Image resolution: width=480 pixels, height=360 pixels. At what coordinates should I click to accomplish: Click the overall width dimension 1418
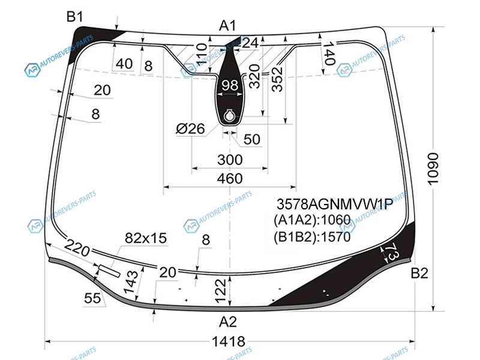coord(229,341)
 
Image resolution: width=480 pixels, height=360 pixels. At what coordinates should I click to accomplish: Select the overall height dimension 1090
coord(433,169)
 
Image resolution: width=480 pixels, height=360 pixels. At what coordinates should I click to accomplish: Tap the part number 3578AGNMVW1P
coord(335,204)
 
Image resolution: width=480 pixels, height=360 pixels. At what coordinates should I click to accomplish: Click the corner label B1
coord(74,17)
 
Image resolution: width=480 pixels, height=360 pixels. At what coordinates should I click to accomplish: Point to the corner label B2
coord(419,273)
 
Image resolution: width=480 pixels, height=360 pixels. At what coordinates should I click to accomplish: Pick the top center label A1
coord(228,26)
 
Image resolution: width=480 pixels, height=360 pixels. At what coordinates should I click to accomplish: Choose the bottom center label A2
coord(228,322)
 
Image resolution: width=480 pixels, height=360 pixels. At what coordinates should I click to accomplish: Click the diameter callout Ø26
coord(190,128)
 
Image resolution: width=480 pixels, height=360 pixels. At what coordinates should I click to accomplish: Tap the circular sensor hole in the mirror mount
coord(229,116)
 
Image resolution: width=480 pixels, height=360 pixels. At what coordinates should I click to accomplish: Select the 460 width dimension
coord(230,178)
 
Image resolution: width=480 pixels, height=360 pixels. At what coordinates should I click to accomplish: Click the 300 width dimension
coord(230,160)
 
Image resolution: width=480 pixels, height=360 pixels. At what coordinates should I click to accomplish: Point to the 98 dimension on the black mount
coord(230,85)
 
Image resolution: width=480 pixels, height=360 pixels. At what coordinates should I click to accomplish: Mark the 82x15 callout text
coord(146,238)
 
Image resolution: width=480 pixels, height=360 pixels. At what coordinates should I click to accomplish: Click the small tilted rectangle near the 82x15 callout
coord(109,271)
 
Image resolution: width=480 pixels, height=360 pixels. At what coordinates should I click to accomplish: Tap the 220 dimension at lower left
coord(77,248)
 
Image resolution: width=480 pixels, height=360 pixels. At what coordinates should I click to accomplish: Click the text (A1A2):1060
coord(312,220)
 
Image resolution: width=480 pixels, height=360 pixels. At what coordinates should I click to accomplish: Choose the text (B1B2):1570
coord(312,236)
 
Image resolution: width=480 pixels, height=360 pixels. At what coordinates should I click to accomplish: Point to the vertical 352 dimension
coord(277,80)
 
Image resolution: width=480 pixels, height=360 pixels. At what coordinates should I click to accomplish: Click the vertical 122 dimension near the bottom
coord(220,291)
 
